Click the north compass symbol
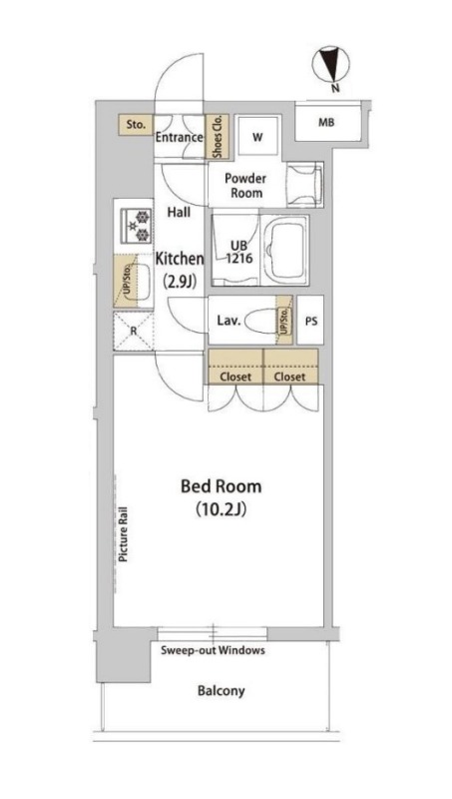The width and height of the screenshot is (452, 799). [331, 64]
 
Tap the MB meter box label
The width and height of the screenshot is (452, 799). [326, 123]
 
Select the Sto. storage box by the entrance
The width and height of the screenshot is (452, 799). [136, 124]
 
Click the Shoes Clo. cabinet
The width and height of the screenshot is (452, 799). [217, 136]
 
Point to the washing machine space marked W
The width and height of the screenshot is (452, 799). [258, 136]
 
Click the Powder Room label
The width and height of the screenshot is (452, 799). [245, 186]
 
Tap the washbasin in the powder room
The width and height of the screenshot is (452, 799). [305, 185]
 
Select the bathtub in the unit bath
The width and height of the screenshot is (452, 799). [285, 251]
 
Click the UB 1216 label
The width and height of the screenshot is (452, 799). [239, 251]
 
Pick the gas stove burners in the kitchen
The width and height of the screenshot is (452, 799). [136, 226]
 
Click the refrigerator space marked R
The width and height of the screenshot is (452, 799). [134, 331]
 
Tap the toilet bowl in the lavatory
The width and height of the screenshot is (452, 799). [261, 322]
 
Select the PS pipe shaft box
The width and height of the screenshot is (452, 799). [311, 320]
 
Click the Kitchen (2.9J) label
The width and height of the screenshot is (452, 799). [180, 269]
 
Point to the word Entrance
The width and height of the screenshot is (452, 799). [180, 138]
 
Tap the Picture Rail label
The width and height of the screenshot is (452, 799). [123, 534]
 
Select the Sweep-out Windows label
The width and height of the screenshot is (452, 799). [213, 650]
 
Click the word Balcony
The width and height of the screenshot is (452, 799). [222, 691]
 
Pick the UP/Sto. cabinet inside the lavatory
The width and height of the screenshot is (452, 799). [284, 320]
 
